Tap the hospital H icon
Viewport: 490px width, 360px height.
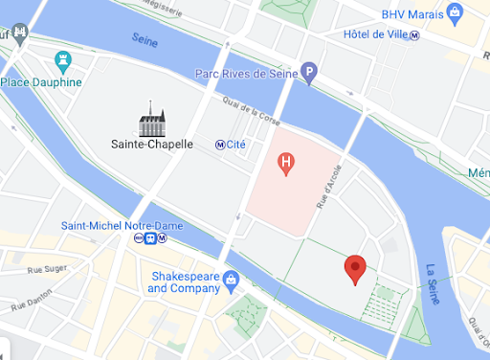click(284, 165)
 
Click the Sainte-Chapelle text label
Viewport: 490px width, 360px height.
click(152, 145)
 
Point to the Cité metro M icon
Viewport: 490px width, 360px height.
click(220, 145)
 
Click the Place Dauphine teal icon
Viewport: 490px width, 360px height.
click(64, 59)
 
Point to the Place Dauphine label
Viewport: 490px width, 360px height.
click(43, 81)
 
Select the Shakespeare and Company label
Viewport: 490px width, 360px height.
click(184, 281)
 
